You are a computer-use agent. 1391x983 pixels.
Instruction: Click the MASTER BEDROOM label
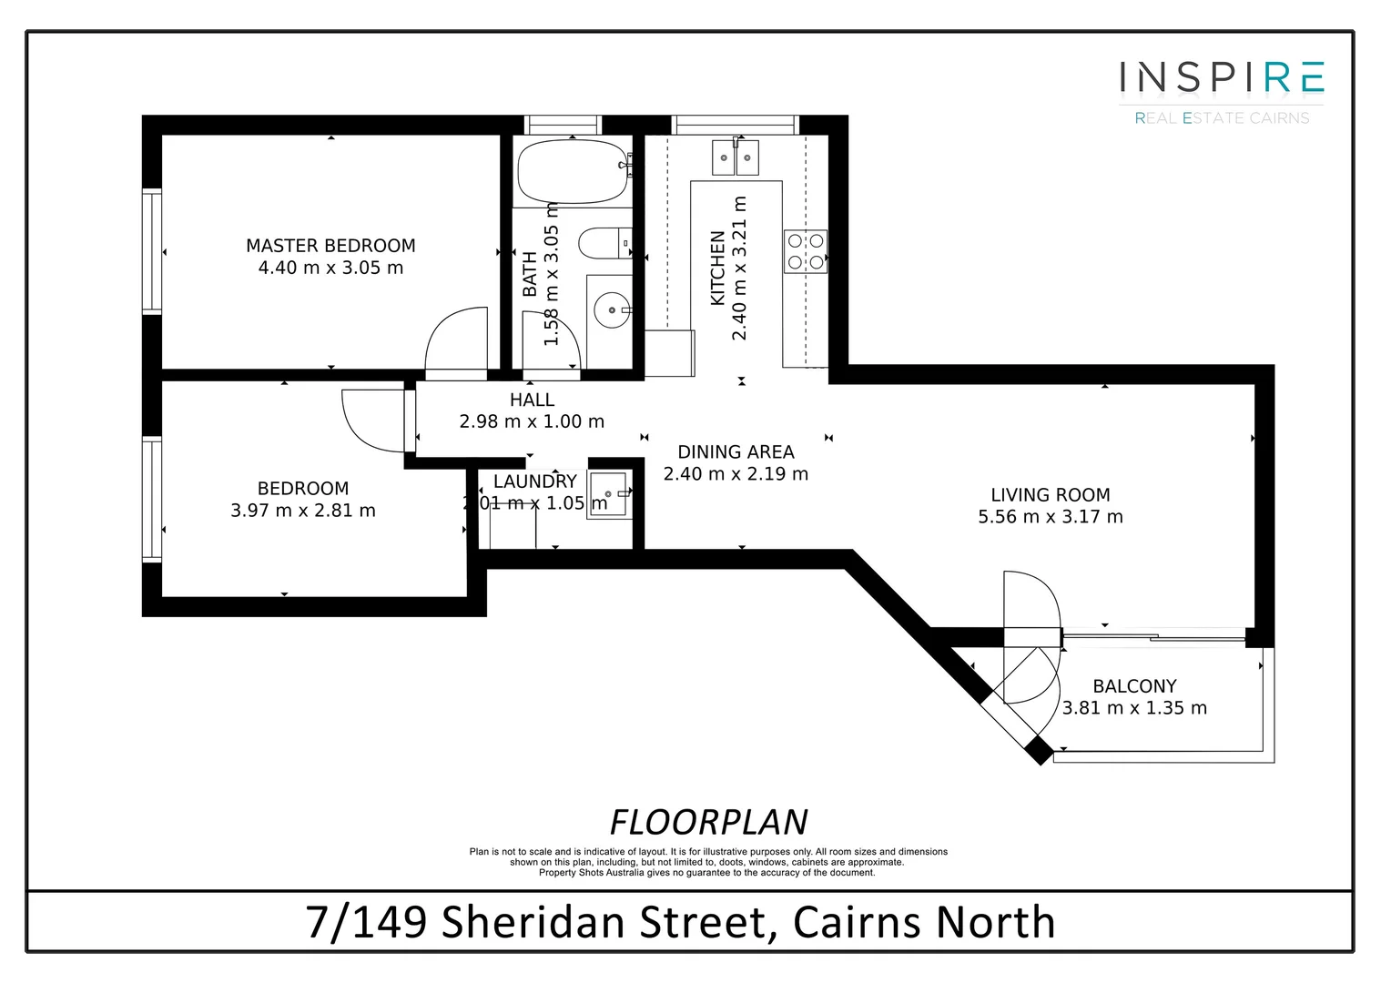click(330, 246)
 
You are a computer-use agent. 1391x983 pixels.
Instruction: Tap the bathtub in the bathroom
click(573, 171)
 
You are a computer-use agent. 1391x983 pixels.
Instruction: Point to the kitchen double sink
click(735, 157)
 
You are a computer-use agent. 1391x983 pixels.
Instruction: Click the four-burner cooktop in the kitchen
click(806, 251)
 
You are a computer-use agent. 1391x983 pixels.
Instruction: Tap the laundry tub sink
click(608, 494)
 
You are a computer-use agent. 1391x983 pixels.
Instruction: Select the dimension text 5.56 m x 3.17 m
click(1050, 517)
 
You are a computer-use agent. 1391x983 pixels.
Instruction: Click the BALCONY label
click(1134, 686)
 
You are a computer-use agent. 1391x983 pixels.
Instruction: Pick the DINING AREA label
click(736, 452)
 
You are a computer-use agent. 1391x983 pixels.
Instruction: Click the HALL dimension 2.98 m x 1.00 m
click(532, 421)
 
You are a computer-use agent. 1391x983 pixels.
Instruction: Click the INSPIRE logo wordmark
click(1221, 77)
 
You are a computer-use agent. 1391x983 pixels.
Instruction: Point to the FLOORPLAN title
click(708, 822)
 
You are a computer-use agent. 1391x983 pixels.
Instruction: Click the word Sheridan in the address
click(602, 922)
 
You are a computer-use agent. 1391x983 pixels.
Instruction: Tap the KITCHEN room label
click(717, 269)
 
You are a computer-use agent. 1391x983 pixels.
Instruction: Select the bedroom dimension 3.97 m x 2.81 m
click(303, 511)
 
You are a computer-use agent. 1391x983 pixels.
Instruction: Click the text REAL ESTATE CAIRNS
click(1221, 118)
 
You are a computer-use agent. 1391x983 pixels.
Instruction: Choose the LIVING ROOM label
click(1050, 495)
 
